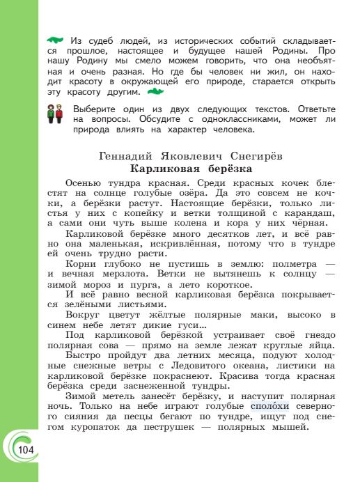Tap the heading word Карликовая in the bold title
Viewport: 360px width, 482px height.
pos(164,169)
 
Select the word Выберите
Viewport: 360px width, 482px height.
pos(98,109)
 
